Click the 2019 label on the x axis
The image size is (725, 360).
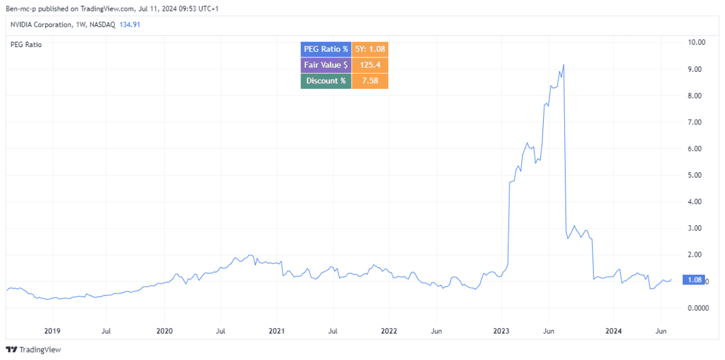pos(52,331)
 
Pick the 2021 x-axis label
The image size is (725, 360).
pos(277,331)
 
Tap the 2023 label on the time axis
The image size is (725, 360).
pos(501,331)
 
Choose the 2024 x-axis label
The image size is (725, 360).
pos(613,331)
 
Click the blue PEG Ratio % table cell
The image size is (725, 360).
pos(326,49)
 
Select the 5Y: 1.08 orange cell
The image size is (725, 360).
pos(370,49)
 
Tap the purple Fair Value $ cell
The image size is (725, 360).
pos(326,65)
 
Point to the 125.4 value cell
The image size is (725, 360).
pos(370,65)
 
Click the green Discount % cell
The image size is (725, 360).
pos(326,81)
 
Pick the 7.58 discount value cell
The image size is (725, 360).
pos(370,81)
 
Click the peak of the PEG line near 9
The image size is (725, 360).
pos(564,65)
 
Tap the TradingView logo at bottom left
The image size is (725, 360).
pos(33,350)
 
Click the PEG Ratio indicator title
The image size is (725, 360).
pos(27,44)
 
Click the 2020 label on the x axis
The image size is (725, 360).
pos(164,331)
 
